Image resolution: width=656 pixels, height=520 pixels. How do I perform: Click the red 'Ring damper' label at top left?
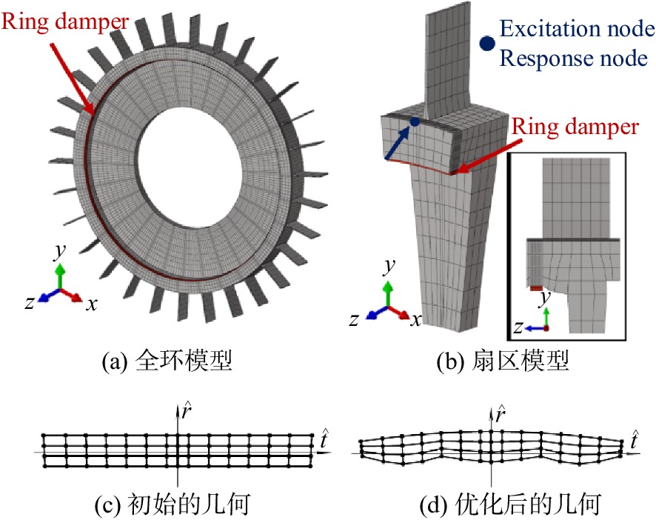pyautogui.click(x=65, y=21)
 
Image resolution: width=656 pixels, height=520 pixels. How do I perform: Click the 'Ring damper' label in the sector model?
pyautogui.click(x=575, y=127)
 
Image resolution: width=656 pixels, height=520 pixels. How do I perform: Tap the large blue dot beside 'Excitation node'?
pyautogui.click(x=487, y=43)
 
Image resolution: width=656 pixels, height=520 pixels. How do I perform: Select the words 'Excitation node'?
pyautogui.click(x=578, y=29)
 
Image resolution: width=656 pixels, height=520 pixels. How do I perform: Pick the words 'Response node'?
pyautogui.click(x=574, y=59)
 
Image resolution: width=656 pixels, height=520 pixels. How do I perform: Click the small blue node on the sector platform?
pyautogui.click(x=415, y=121)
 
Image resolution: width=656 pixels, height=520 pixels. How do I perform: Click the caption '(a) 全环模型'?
pyautogui.click(x=167, y=361)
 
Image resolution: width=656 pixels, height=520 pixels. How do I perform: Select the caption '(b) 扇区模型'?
pyautogui.click(x=502, y=361)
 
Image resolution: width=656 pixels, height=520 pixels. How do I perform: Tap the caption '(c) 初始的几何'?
pyautogui.click(x=173, y=504)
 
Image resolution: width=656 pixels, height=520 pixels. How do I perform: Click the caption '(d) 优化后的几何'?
pyautogui.click(x=510, y=504)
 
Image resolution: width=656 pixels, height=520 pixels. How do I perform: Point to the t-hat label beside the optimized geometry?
pyautogui.click(x=635, y=439)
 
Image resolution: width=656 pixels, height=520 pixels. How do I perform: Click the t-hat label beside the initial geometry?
pyautogui.click(x=324, y=439)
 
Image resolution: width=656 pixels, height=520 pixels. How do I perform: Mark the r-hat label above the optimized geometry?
pyautogui.click(x=501, y=413)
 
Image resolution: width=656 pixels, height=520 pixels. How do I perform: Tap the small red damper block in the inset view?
pyautogui.click(x=536, y=288)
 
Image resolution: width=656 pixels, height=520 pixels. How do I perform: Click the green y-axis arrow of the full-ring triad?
pyautogui.click(x=61, y=276)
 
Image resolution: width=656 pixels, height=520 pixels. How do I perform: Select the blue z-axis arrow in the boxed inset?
pyautogui.click(x=534, y=328)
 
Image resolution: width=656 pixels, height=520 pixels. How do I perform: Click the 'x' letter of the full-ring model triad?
pyautogui.click(x=92, y=304)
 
